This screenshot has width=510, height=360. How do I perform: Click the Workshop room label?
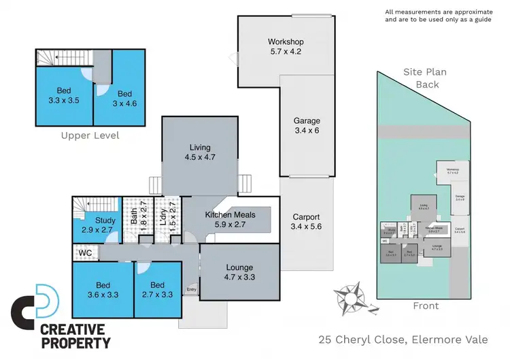pos(286,42)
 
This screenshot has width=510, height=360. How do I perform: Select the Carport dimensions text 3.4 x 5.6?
pos(305,227)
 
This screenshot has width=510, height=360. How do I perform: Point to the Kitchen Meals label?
pos(231,215)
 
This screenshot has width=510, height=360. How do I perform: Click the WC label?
pos(85,253)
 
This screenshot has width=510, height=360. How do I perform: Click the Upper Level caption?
pos(90,135)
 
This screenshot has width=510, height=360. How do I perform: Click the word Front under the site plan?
pos(426,306)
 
